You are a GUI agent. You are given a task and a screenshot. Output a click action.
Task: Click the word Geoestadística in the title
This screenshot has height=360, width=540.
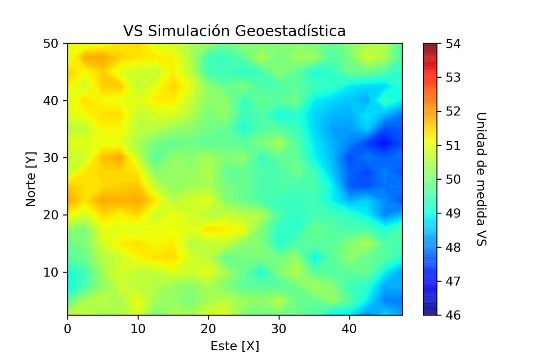pyautogui.click(x=290, y=31)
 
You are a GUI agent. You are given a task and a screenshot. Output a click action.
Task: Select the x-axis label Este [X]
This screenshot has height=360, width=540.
pyautogui.click(x=234, y=346)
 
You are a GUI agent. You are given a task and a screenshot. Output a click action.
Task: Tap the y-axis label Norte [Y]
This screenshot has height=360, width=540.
pyautogui.click(x=31, y=179)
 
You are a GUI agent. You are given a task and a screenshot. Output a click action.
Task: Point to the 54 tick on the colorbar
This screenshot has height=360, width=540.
pyautogui.click(x=453, y=44)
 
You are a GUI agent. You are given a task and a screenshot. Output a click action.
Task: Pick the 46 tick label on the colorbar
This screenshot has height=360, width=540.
pyautogui.click(x=453, y=315)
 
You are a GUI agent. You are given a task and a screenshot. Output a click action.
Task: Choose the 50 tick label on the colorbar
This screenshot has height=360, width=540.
pyautogui.click(x=453, y=179)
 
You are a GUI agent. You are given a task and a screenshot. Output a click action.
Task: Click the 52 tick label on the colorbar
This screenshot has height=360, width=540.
pyautogui.click(x=453, y=111)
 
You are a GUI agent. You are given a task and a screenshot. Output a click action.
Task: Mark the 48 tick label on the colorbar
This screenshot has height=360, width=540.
pyautogui.click(x=453, y=247)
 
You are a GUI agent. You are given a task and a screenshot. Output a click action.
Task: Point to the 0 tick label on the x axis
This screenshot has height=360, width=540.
pyautogui.click(x=67, y=329)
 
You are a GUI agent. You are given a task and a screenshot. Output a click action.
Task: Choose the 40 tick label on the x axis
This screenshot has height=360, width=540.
pyautogui.click(x=349, y=329)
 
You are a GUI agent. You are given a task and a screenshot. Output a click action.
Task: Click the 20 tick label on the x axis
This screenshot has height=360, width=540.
pyautogui.click(x=208, y=329)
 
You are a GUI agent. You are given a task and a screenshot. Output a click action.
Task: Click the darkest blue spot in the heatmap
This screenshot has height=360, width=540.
pyautogui.click(x=385, y=142)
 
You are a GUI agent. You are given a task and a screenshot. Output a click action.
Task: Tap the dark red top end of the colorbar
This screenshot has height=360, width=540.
pyautogui.click(x=430, y=46)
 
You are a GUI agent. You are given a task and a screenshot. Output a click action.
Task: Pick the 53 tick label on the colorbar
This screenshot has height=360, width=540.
pyautogui.click(x=453, y=77)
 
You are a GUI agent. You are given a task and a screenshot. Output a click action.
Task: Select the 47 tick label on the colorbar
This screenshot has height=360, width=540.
pyautogui.click(x=453, y=281)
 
